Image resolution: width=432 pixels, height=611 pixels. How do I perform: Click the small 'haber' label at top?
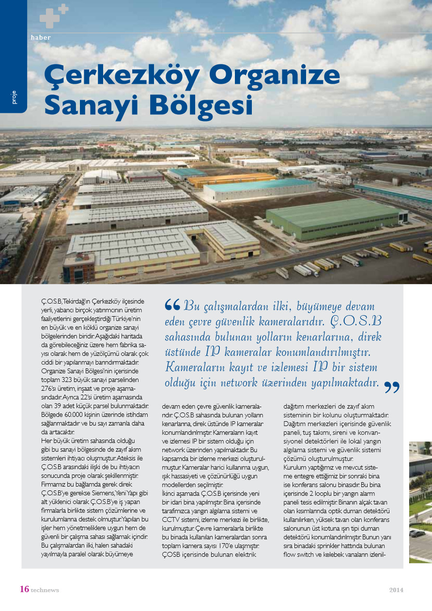(41, 37)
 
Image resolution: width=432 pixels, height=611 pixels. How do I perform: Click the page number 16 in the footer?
(24, 589)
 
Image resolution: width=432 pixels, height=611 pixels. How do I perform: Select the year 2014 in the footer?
(396, 590)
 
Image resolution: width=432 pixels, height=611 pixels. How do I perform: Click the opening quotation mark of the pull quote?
(172, 305)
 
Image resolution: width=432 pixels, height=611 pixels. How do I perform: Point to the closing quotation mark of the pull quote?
(391, 387)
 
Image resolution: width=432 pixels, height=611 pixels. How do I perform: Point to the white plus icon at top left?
(54, 15)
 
